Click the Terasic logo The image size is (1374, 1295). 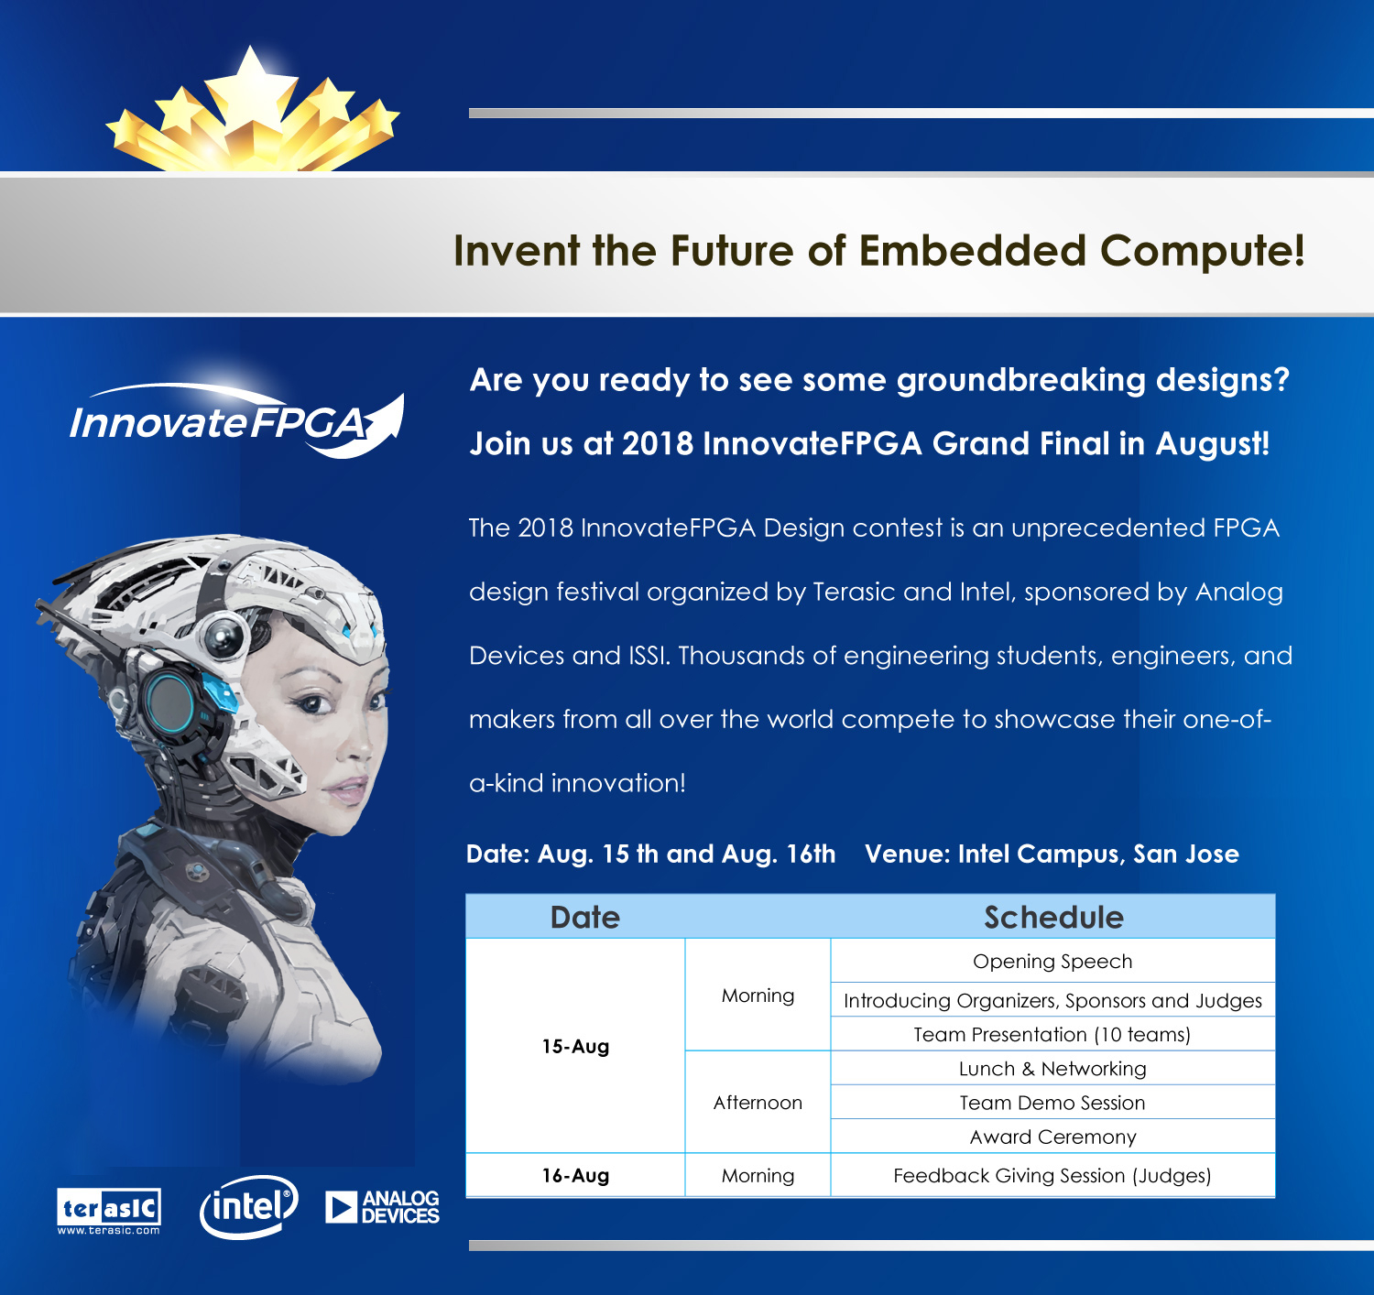coord(109,1211)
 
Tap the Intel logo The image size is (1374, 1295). coord(249,1206)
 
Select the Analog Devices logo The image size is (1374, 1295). coord(382,1207)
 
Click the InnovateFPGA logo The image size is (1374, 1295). coord(236,420)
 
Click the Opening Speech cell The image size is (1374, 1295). coord(1052,961)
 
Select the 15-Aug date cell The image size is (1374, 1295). coord(575,1046)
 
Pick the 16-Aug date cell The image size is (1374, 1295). coord(575,1175)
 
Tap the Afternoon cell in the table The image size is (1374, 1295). coord(758,1102)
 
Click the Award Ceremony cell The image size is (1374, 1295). coord(1052,1137)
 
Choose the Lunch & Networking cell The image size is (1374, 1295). coord(1052,1068)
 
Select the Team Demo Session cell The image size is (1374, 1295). coord(1052,1102)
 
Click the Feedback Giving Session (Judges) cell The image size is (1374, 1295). coord(1052,1175)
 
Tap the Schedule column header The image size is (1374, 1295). coord(1053,918)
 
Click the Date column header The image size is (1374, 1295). coord(585,918)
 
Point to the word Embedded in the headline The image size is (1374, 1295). coord(973,250)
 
